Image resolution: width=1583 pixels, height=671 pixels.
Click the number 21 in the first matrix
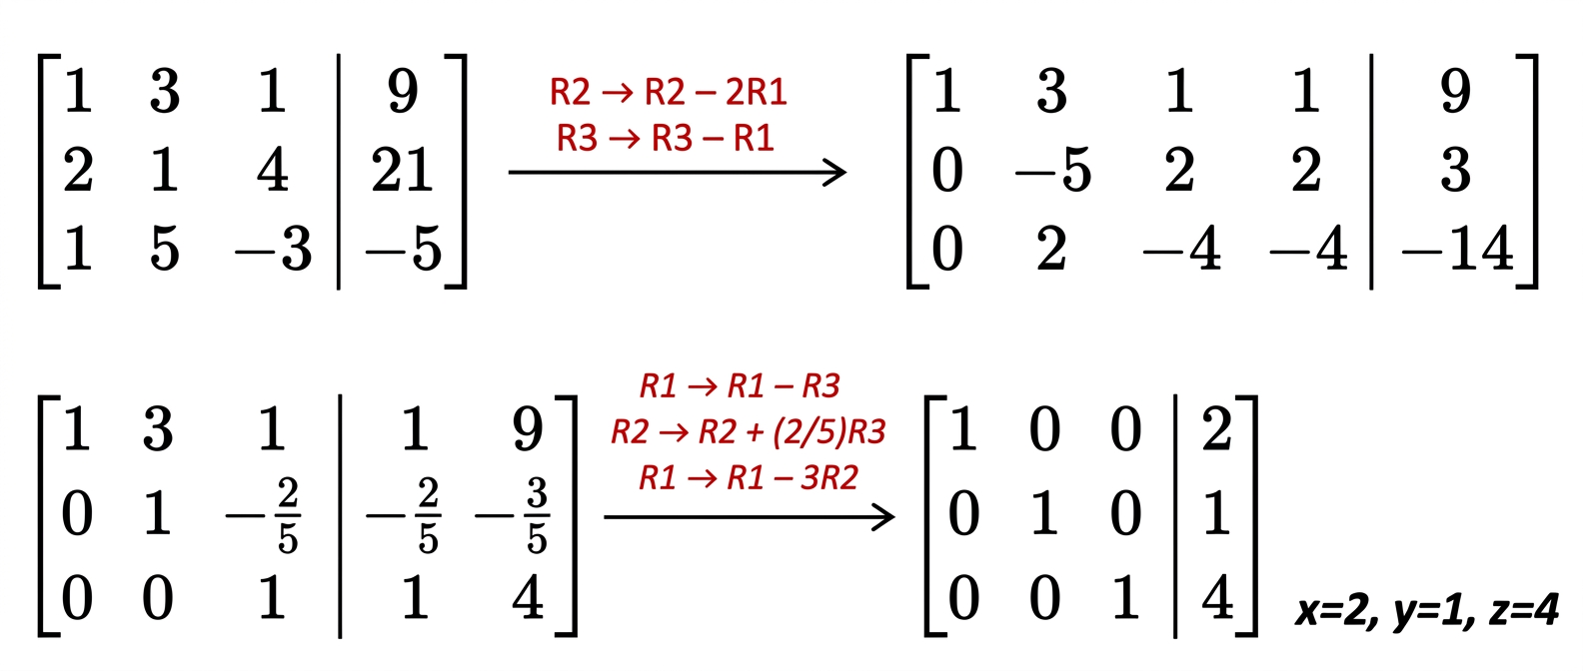[402, 170]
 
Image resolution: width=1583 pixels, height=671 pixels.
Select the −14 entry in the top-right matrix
[1458, 249]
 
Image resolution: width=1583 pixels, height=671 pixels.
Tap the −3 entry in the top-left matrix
[274, 249]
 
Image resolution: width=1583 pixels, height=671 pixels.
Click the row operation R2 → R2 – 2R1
[668, 92]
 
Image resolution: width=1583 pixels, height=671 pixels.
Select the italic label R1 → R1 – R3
[740, 385]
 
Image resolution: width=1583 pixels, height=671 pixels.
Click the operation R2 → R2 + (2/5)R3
[748, 431]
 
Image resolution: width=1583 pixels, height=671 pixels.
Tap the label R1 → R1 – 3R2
[748, 478]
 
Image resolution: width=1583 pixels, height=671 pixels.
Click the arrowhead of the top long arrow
[836, 173]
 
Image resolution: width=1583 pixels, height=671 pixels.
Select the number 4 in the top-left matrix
[273, 170]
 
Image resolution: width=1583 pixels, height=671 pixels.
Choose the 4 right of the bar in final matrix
[1217, 597]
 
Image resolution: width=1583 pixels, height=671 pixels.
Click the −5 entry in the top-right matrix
[1053, 170]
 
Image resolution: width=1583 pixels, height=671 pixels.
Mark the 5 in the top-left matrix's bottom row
[165, 249]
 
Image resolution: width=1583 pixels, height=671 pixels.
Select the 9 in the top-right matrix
[1456, 91]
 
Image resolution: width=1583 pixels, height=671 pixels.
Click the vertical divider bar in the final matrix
[1175, 516]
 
